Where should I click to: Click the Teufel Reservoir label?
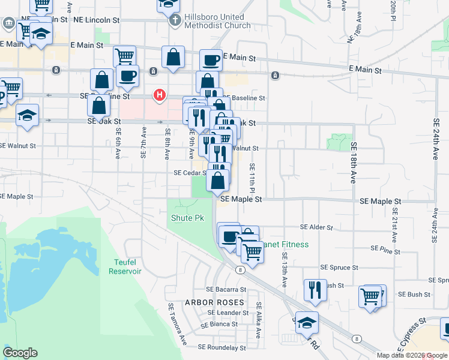point(125,266)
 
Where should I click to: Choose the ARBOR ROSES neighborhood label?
point(214,302)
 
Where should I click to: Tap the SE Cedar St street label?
point(190,173)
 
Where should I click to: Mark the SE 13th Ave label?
point(284,268)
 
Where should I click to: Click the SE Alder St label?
point(316,228)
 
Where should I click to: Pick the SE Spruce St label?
point(339,268)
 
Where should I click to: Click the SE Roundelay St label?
point(221,347)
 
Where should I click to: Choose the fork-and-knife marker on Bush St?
point(315,290)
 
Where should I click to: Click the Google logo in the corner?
point(20,353)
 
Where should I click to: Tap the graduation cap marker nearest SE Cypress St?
point(306,323)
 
